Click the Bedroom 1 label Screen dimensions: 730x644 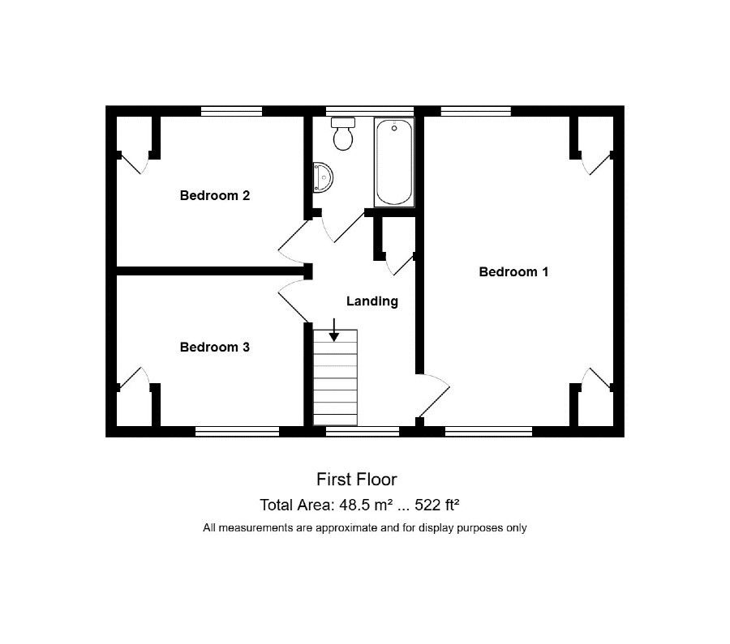click(x=513, y=271)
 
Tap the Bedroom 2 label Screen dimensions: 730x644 click(x=215, y=195)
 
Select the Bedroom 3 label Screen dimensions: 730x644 click(x=215, y=347)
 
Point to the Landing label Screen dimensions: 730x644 click(x=372, y=301)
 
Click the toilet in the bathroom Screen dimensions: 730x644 click(x=343, y=134)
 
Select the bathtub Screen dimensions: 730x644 click(x=394, y=162)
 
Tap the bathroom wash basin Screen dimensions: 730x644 click(x=323, y=177)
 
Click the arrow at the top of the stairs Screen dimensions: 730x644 click(x=334, y=330)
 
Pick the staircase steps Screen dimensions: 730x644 click(x=335, y=377)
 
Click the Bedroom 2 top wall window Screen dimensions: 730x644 click(x=231, y=111)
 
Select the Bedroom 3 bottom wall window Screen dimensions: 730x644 click(x=237, y=432)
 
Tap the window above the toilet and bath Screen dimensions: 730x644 click(x=370, y=111)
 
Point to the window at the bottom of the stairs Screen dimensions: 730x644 click(x=363, y=432)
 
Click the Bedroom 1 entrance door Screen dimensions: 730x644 click(x=434, y=395)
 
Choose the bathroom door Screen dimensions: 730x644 click(x=344, y=227)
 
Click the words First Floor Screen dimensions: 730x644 click(x=357, y=480)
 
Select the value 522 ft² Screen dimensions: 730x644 click(x=437, y=505)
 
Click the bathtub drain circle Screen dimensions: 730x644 click(x=394, y=128)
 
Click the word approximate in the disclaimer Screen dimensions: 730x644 click(x=346, y=528)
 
